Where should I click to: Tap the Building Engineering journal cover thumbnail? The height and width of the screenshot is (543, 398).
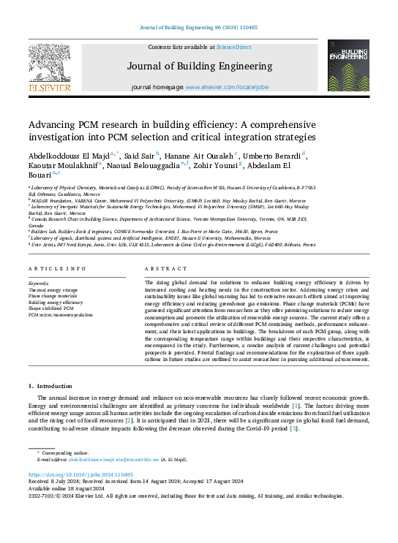click(348, 66)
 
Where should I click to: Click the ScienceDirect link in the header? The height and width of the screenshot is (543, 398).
click(234, 48)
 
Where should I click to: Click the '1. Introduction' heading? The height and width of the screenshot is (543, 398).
click(50, 385)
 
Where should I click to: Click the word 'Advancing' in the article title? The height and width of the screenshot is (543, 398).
click(53, 124)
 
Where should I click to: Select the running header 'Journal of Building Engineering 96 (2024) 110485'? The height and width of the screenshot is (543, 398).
click(199, 27)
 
